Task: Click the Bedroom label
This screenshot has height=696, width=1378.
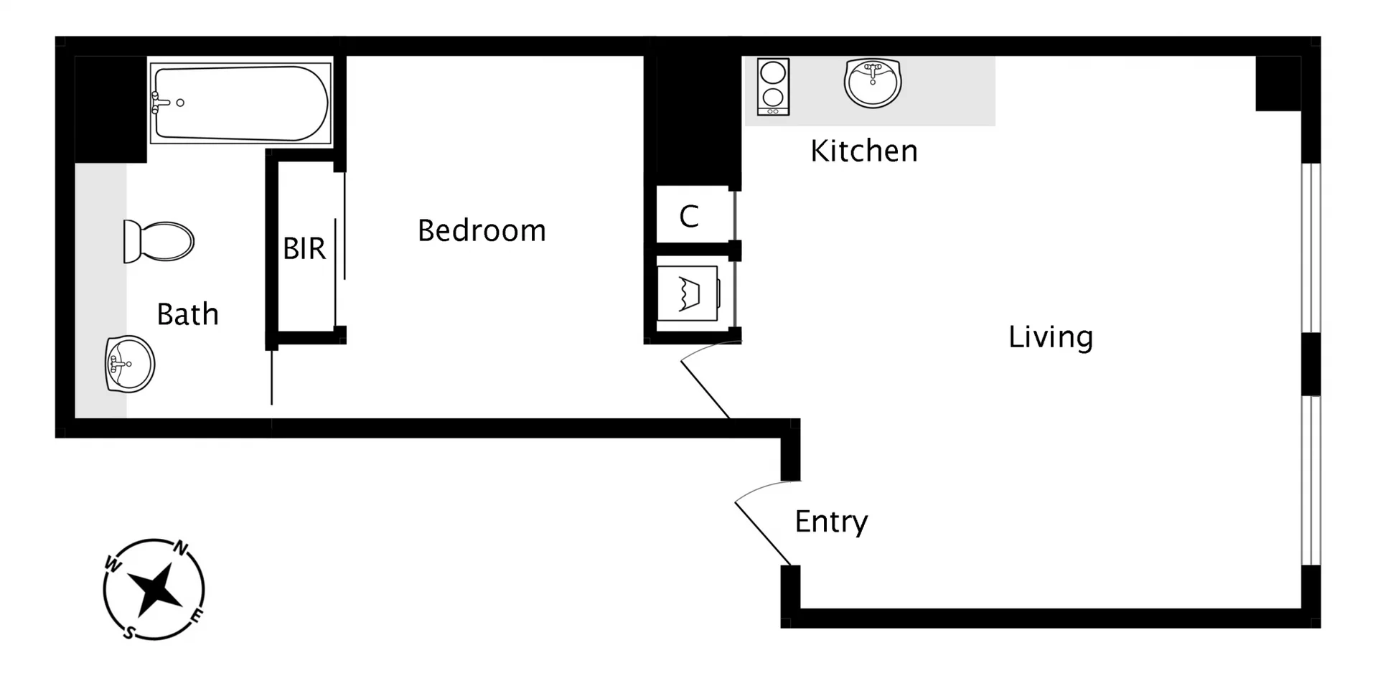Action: point(482,231)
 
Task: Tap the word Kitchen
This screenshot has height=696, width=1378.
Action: point(863,151)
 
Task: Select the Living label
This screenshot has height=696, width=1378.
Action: point(1050,337)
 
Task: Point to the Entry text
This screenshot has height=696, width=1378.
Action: point(831,522)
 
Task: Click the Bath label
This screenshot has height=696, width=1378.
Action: point(187,314)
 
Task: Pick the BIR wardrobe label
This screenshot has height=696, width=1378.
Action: point(304,249)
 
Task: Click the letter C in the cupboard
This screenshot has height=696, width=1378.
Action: point(689,216)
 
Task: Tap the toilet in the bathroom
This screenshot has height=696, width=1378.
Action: point(159,241)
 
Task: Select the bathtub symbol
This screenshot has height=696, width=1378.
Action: point(241,103)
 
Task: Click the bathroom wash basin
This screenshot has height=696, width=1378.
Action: point(130,364)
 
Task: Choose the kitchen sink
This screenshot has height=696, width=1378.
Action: point(872,83)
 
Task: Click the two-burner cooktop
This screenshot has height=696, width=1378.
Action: point(773,87)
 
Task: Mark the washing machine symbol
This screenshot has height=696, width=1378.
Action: point(688,293)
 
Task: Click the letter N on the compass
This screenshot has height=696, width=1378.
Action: point(181,549)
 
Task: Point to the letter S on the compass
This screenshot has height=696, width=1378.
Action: point(128,632)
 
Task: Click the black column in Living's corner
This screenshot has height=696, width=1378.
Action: point(1278,83)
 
